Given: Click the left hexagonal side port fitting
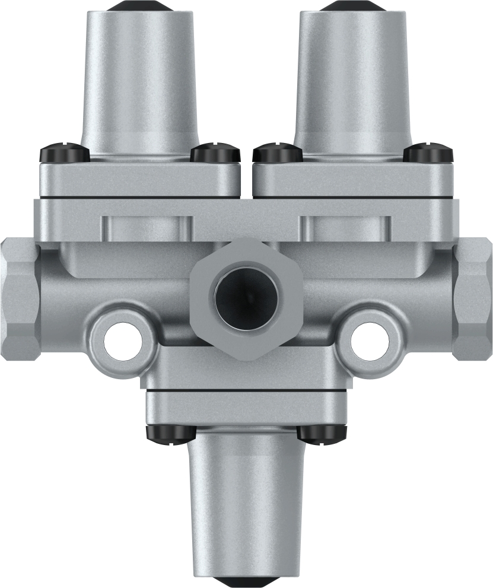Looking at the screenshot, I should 19,297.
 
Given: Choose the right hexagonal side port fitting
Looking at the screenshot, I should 473,297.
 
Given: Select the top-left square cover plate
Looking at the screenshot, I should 141,178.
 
